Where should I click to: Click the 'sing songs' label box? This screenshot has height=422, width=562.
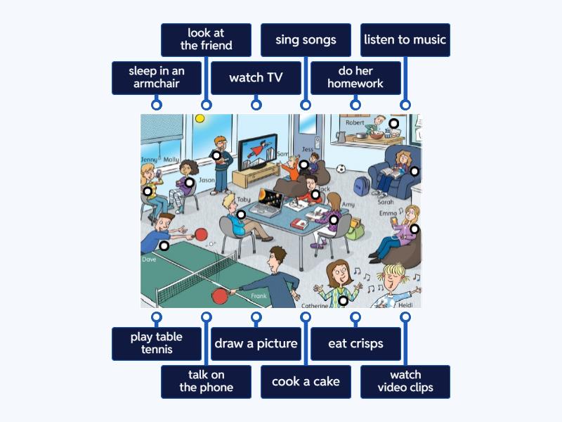click(306, 40)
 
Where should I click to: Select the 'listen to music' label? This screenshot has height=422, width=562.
click(405, 40)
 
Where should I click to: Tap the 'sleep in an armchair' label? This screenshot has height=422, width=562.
click(157, 77)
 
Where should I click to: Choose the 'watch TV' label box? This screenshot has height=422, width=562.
click(256, 77)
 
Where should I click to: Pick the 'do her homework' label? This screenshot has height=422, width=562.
click(355, 77)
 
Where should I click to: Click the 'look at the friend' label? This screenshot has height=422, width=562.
click(206, 40)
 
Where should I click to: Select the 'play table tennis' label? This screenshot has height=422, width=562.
click(157, 343)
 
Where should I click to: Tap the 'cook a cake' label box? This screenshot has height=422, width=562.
click(306, 381)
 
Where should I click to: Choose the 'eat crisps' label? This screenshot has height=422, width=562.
click(355, 343)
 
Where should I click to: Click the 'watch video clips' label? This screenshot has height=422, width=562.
click(405, 381)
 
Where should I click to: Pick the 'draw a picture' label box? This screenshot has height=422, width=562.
click(256, 343)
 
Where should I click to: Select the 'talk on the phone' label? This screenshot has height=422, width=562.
click(206, 381)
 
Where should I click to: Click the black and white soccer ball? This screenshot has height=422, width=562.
click(341, 169)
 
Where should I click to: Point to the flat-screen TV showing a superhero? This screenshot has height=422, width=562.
click(257, 153)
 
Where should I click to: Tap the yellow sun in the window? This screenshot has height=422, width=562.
click(200, 119)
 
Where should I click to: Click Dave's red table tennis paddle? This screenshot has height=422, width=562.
click(202, 234)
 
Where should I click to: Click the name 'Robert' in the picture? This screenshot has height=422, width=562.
click(355, 122)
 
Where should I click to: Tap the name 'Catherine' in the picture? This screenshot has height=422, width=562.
click(315, 306)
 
